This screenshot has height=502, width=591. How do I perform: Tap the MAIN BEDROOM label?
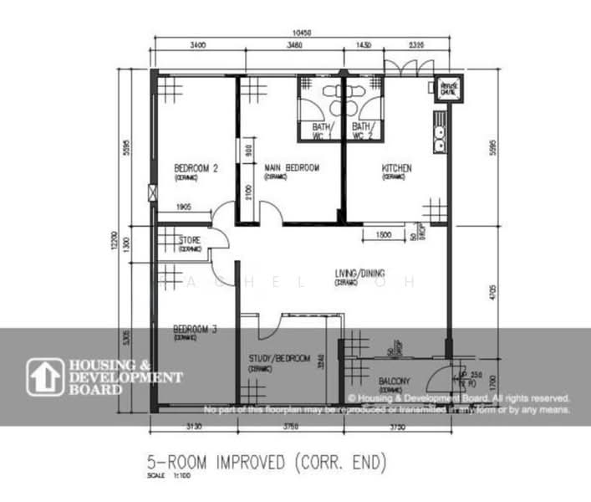tap(292, 168)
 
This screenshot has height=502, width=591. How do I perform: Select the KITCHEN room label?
tap(396, 168)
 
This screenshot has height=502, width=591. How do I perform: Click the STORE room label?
tap(190, 240)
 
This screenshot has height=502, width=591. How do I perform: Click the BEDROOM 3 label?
tap(195, 329)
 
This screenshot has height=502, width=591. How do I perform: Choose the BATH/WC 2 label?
tap(364, 131)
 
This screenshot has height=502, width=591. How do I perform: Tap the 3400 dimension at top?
tap(199, 44)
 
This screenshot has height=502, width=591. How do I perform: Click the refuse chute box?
tap(449, 89)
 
